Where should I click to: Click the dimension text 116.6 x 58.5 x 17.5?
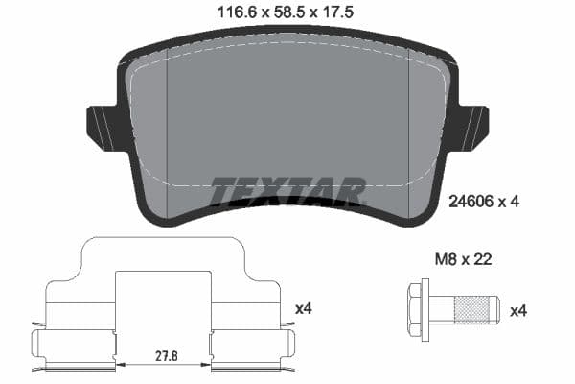[x=287, y=12]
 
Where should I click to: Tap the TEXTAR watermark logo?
[x=287, y=191]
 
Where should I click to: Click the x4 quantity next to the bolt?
[x=518, y=310]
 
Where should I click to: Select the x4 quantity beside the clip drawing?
[x=303, y=308]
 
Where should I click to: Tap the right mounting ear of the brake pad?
[x=472, y=128]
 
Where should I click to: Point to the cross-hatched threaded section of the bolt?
[x=471, y=310]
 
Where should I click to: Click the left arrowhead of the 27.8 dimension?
[x=120, y=364]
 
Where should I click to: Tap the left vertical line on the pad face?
[x=168, y=125]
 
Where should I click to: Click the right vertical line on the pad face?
[x=409, y=125]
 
